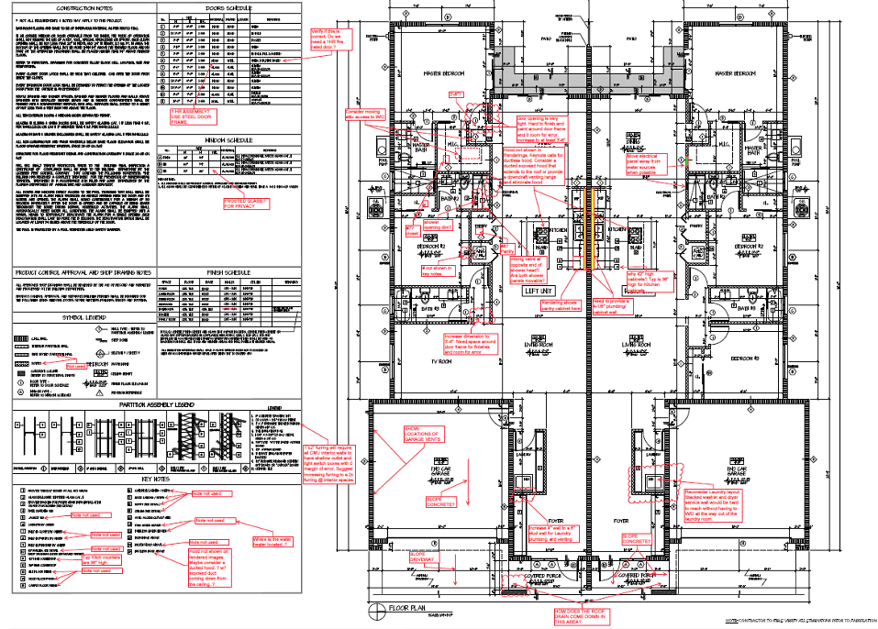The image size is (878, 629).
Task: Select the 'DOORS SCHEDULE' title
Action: [x=229, y=7]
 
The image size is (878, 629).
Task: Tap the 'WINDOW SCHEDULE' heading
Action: [x=228, y=139]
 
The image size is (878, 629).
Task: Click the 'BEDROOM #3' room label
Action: [x=745, y=360]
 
